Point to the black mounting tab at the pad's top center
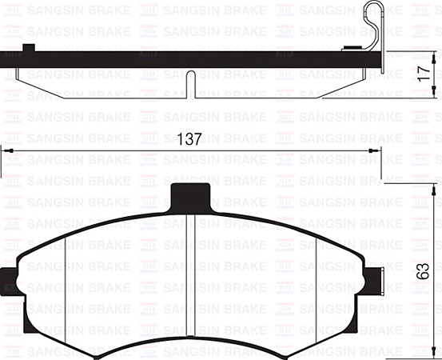pyautogui.click(x=192, y=197)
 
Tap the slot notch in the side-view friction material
pyautogui.click(x=189, y=84)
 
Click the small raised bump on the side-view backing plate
pyautogui.click(x=30, y=47)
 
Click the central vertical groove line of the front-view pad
pyautogui.click(x=192, y=272)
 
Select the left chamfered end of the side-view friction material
pyautogui.click(x=22, y=82)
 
